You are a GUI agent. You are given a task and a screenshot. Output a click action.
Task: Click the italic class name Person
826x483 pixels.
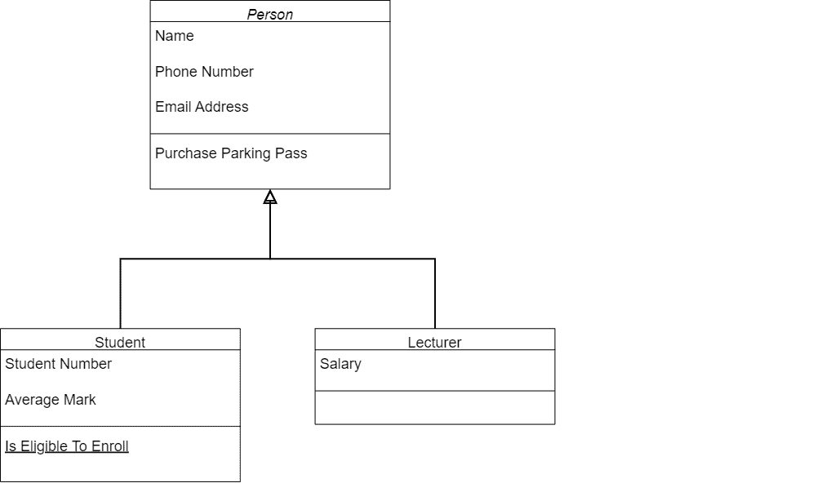(x=269, y=14)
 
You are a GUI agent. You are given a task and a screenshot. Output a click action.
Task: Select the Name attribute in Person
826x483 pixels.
(x=175, y=36)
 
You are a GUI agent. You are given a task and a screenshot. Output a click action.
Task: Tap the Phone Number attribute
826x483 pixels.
(x=204, y=72)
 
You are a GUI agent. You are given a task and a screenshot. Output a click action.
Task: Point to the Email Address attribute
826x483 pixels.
(x=202, y=107)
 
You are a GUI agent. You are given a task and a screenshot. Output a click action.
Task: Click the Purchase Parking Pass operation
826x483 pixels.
(x=231, y=153)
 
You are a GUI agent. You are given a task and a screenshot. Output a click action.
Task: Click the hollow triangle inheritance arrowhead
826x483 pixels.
(x=270, y=197)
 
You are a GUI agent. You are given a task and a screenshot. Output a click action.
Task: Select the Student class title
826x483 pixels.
(x=120, y=342)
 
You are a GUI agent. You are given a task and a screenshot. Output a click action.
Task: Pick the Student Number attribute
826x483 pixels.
(x=58, y=364)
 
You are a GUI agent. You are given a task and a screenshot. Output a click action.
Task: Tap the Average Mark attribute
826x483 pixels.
(x=50, y=400)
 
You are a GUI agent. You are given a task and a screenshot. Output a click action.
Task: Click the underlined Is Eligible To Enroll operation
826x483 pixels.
(x=67, y=446)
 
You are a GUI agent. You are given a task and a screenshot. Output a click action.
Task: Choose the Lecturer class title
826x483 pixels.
(x=434, y=342)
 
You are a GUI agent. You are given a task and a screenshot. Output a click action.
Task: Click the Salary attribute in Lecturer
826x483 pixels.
(x=340, y=364)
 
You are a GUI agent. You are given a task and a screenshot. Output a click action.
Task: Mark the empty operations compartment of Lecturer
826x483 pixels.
(x=434, y=408)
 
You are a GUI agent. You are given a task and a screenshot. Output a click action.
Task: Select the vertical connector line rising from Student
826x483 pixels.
(x=120, y=294)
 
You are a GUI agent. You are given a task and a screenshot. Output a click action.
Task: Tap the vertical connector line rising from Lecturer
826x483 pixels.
(x=435, y=294)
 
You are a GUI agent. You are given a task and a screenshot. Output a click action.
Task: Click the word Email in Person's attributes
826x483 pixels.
(x=173, y=107)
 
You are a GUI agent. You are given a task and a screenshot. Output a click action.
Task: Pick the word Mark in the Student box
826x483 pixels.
(x=80, y=400)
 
